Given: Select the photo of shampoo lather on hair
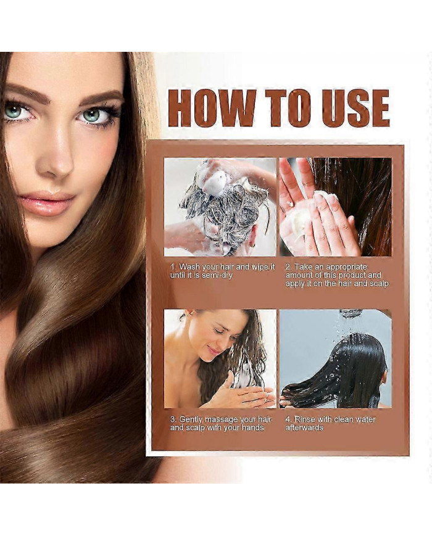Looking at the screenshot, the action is (220, 207).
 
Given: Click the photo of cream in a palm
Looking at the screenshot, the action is (336, 207).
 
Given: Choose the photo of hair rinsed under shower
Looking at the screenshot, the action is (336, 359).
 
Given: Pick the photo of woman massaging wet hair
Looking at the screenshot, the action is (220, 359).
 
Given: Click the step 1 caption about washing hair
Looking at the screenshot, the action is (222, 271).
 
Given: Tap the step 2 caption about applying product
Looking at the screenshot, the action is (337, 275).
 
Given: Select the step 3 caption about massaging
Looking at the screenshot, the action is (221, 423).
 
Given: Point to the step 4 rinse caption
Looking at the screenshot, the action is (330, 423).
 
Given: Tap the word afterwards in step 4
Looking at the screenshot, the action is (304, 427).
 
